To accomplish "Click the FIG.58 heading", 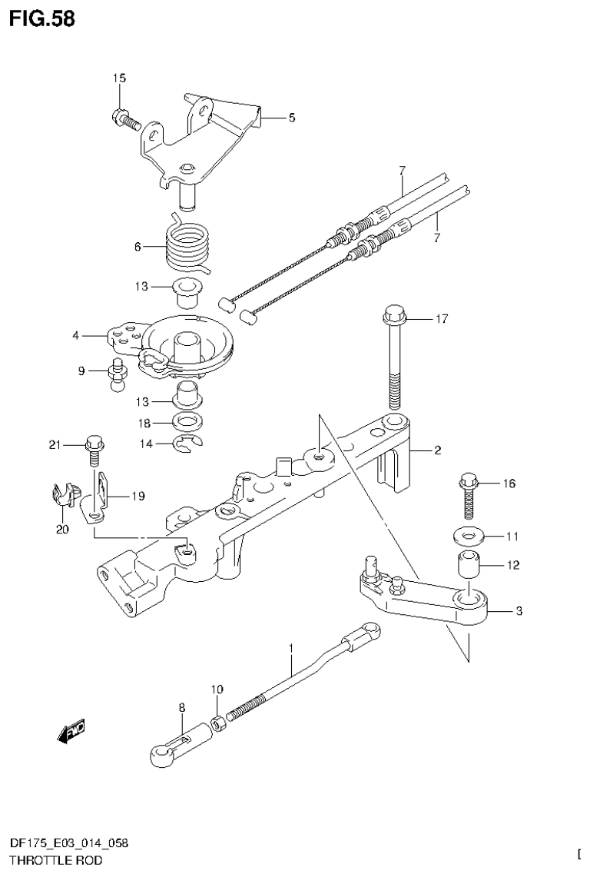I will [42, 18].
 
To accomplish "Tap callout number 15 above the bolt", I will [119, 78].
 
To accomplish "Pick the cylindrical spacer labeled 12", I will [468, 567].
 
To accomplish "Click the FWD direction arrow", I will [71, 731].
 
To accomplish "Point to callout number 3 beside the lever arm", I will [519, 611].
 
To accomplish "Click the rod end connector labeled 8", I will [177, 746].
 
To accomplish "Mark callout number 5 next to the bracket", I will [291, 118].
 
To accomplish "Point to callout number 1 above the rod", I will [291, 650].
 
